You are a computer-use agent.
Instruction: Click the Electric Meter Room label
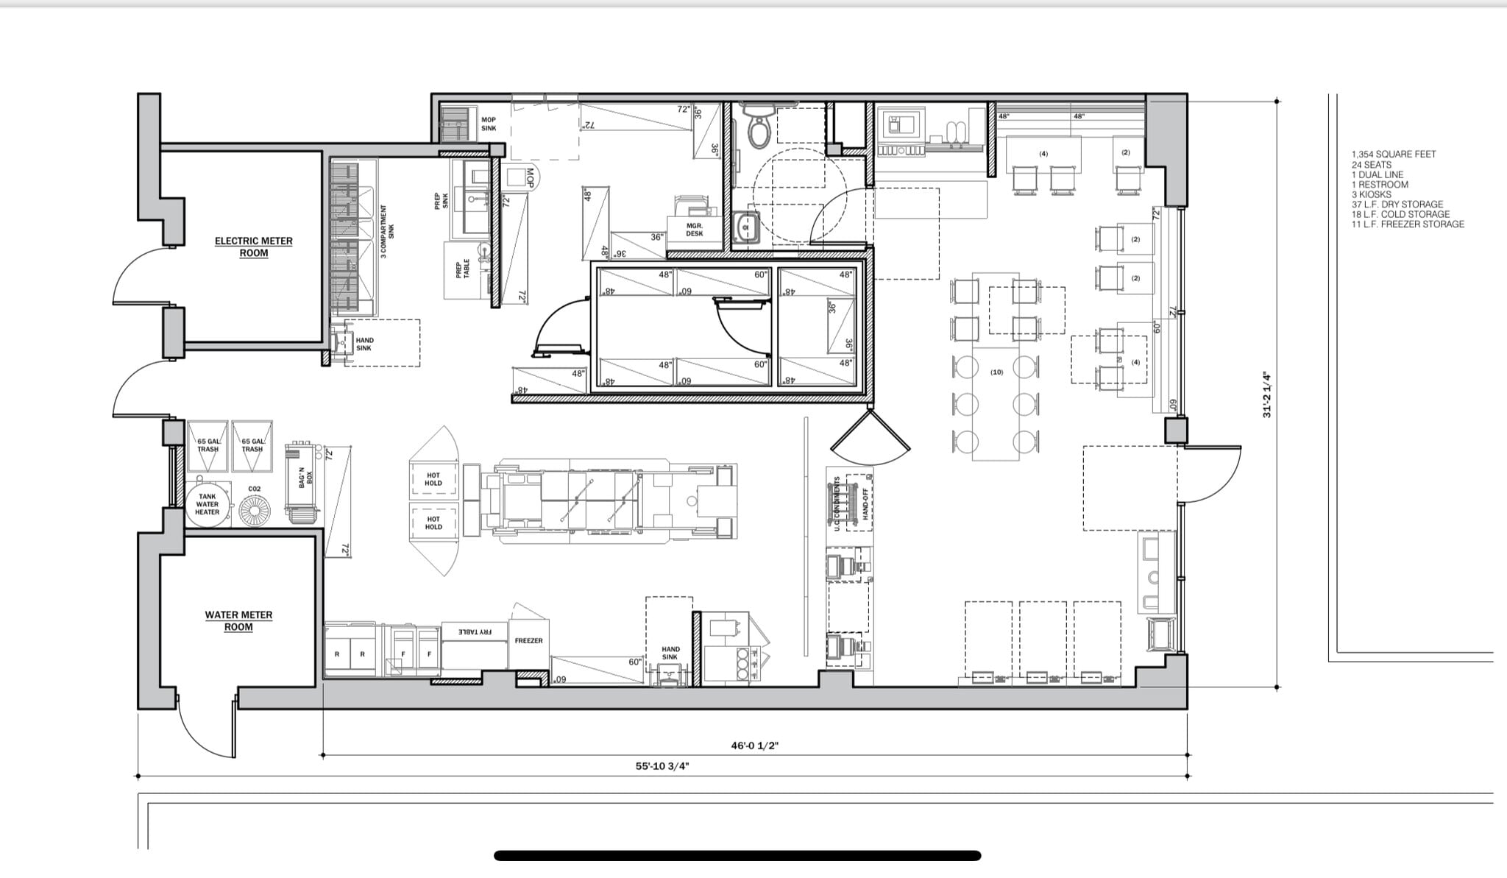[253, 247]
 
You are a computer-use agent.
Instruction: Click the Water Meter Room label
[238, 620]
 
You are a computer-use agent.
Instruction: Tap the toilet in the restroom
[758, 130]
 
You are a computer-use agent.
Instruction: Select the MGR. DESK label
[694, 230]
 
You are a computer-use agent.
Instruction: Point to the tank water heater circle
[207, 504]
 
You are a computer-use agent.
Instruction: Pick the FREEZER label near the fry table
[528, 641]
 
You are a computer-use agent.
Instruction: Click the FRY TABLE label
[475, 632]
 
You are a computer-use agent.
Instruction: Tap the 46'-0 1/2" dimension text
[754, 746]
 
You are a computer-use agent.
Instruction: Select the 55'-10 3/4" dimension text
[662, 766]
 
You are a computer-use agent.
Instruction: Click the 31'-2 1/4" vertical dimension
[1267, 394]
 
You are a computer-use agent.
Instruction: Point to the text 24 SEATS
[1371, 165]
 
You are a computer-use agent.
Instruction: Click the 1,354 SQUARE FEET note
[1393, 155]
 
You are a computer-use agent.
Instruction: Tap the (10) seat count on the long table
[996, 372]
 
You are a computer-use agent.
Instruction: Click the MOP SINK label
[488, 124]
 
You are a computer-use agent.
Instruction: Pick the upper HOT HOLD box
[433, 479]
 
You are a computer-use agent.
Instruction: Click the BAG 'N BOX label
[305, 480]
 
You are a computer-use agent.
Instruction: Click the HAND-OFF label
[865, 504]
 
